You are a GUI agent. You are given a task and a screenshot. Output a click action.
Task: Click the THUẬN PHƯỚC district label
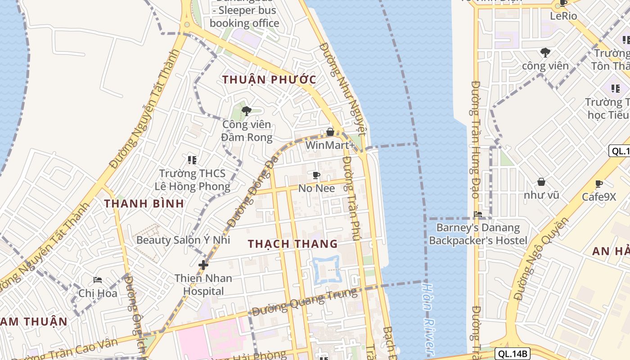tap(269, 80)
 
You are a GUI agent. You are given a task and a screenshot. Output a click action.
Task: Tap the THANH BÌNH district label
tap(144, 203)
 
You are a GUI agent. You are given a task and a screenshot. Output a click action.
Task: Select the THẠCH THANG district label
tap(292, 244)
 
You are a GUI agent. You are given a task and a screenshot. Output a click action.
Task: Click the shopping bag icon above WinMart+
tap(330, 132)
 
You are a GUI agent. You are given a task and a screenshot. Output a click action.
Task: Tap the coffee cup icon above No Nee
tap(316, 175)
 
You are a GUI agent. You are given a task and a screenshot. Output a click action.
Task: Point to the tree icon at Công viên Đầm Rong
tap(246, 111)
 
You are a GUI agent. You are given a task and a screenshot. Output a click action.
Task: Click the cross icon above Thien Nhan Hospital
tap(203, 265)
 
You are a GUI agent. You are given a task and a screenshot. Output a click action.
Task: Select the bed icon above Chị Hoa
tap(98, 280)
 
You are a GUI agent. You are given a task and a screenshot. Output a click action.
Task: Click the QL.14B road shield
tap(513, 354)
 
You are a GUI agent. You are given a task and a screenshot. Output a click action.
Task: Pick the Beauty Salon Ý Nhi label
tap(183, 240)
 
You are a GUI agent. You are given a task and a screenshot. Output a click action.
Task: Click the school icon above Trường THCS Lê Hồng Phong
tap(192, 160)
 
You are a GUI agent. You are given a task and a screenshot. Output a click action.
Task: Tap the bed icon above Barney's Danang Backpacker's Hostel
tap(478, 214)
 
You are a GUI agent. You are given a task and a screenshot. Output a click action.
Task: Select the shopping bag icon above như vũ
tap(541, 182)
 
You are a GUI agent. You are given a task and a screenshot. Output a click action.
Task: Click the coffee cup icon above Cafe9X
tap(598, 184)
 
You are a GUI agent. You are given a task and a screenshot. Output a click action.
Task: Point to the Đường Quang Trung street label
tap(305, 302)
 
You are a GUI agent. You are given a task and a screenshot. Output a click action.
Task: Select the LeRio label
tap(563, 16)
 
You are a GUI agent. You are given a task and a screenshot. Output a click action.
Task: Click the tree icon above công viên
tap(545, 53)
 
